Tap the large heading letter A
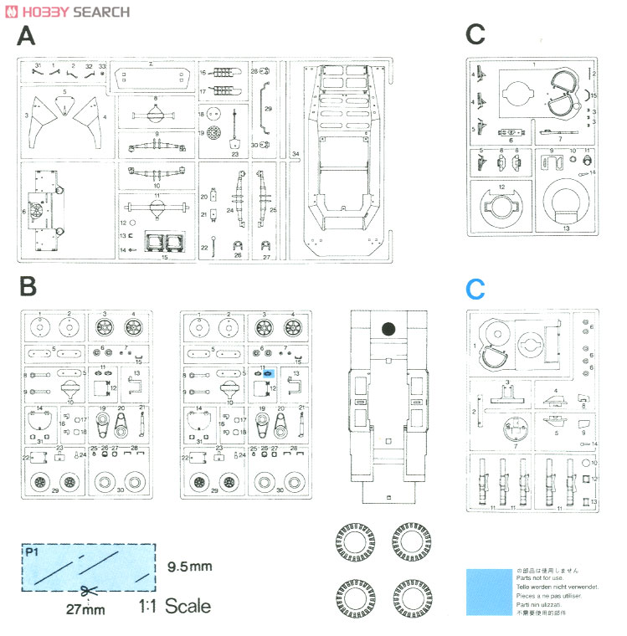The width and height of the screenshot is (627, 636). (27, 37)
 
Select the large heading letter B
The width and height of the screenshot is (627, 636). (27, 286)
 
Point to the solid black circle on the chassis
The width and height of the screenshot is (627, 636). (387, 329)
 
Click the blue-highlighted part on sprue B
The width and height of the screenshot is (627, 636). (269, 373)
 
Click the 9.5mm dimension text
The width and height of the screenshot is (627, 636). (189, 567)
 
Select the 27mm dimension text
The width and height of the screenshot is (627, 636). (86, 609)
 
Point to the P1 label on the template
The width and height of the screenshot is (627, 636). (33, 552)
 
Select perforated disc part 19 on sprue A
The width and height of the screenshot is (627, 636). (214, 133)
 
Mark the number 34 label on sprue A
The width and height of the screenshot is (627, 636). (296, 154)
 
